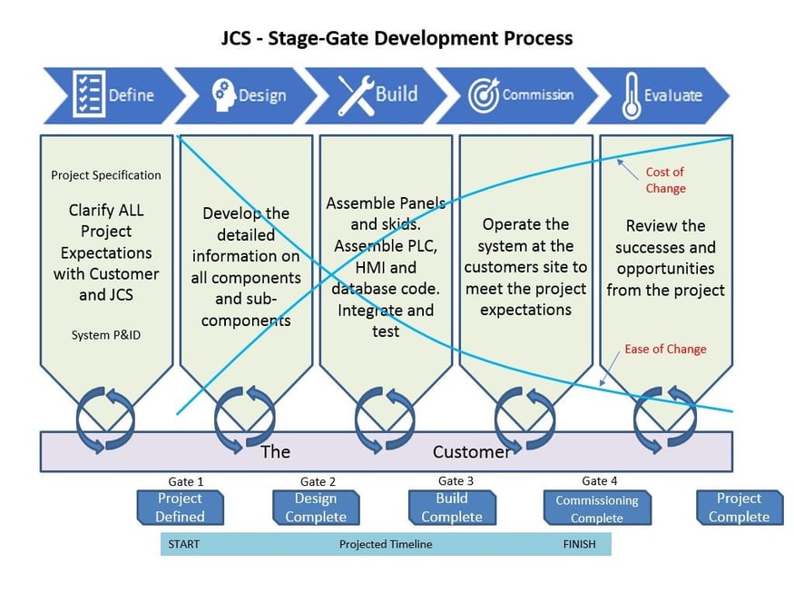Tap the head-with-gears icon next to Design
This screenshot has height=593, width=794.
[x=222, y=94]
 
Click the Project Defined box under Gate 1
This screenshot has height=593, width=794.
[x=180, y=508]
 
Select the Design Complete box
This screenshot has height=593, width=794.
[x=316, y=508]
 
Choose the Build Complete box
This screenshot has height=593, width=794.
[x=452, y=508]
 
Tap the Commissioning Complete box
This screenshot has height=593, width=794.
[x=597, y=509]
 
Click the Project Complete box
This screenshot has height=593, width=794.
[x=739, y=508]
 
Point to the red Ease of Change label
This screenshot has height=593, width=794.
[x=665, y=349]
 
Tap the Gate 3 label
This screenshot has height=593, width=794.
[x=456, y=481]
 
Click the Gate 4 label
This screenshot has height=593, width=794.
[x=599, y=481]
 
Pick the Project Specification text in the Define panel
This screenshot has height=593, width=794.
[x=106, y=175]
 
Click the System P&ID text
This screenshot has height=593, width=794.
[x=106, y=335]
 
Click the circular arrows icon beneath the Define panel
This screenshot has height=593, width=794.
[x=105, y=419]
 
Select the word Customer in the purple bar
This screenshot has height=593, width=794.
[x=471, y=451]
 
